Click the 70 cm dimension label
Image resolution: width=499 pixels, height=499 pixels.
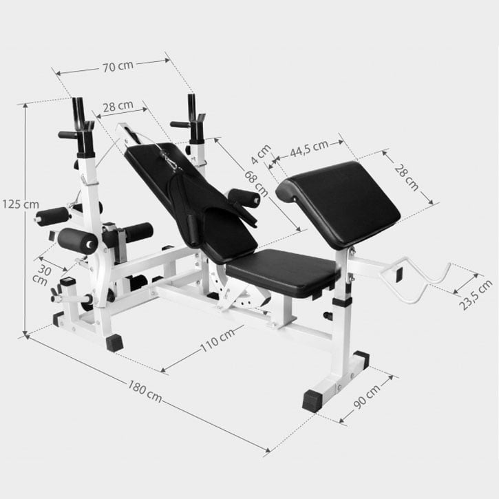pyautogui.click(x=117, y=67)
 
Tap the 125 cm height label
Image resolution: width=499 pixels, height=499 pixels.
pyautogui.click(x=19, y=204)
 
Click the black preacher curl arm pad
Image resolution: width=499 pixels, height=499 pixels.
pyautogui.click(x=341, y=203)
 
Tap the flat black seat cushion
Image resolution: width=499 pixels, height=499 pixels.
pyautogui.click(x=282, y=272)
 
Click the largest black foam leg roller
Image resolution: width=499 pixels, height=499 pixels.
pyautogui.click(x=78, y=240)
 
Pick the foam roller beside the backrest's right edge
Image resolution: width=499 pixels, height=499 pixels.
pyautogui.click(x=244, y=198)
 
